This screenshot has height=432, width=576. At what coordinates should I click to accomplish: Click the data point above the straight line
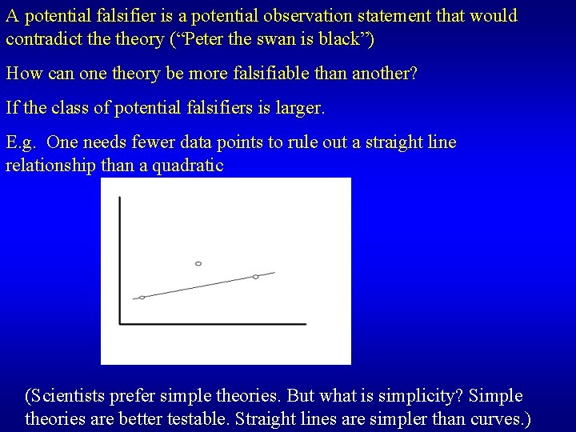click(198, 263)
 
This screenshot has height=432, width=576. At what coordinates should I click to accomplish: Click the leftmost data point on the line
click(142, 298)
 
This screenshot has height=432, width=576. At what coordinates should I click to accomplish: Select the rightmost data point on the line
click(256, 277)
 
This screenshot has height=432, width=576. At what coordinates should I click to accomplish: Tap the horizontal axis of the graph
click(213, 324)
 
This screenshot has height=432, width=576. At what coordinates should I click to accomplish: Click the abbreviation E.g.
click(22, 143)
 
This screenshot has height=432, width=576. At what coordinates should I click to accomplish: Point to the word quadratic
click(191, 166)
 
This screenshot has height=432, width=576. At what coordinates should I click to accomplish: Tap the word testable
click(207, 418)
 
